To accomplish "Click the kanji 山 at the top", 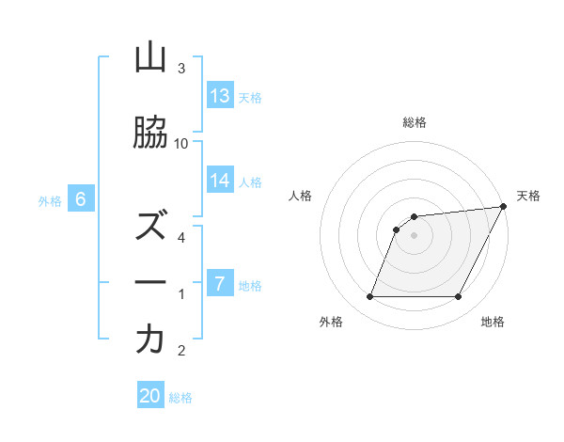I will click(150, 58).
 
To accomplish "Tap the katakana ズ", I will click(150, 227).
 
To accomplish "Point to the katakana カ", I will click(150, 339).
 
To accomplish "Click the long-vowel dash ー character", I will click(150, 283).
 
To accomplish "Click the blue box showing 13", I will click(220, 95).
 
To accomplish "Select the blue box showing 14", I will click(220, 181).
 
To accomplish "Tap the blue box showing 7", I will click(220, 283).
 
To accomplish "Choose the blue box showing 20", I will click(150, 396).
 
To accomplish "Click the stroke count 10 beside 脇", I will click(181, 143).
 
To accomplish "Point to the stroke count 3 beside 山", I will click(181, 69).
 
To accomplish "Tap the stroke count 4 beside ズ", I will click(181, 238).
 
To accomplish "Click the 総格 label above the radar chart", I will click(415, 122).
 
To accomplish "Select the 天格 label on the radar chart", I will click(528, 196).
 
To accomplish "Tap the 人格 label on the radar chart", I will click(301, 196).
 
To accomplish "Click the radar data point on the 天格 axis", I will click(505, 207).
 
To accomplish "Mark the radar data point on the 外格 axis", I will click(369, 297).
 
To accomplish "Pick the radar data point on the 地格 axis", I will click(459, 297).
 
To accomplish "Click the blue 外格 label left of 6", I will click(49, 200).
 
